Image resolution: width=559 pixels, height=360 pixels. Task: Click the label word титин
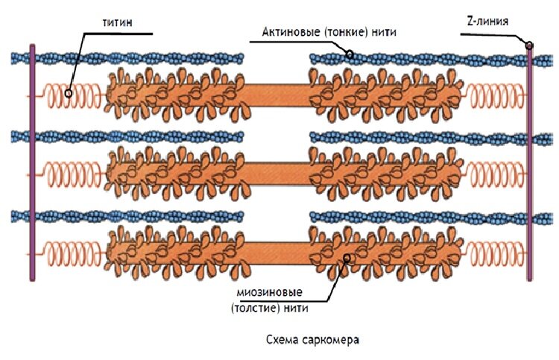118,22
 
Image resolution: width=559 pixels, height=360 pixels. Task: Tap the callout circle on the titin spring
69,93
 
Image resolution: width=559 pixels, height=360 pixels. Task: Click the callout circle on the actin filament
349,54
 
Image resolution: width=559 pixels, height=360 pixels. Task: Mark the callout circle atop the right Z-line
529,45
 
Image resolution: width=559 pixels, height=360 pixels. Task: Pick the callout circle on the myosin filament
347,258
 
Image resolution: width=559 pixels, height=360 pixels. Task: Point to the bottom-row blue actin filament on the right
417,216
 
